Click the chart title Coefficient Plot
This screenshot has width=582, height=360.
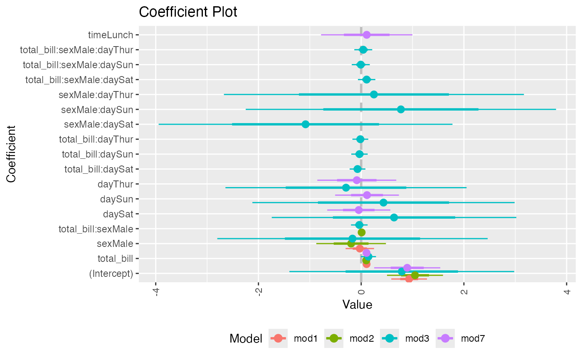(188, 12)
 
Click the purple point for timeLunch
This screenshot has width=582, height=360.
(366, 35)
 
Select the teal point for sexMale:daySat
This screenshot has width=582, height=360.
(306, 124)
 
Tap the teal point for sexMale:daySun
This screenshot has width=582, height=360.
(401, 109)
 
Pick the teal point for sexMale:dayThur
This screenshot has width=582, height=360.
(374, 94)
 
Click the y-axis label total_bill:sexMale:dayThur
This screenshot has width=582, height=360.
(76, 50)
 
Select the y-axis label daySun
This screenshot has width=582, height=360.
(116, 199)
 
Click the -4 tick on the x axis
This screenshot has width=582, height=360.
(156, 291)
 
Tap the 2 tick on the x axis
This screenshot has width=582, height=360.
(464, 291)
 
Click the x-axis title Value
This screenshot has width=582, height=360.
(357, 305)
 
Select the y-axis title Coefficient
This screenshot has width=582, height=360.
(11, 154)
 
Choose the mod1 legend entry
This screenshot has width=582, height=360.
(293, 338)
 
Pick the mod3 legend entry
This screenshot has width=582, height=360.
(404, 338)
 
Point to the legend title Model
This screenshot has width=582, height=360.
(246, 339)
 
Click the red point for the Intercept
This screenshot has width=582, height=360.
(409, 279)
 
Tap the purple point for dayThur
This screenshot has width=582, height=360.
(357, 180)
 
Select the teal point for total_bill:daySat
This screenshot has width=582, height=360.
(358, 169)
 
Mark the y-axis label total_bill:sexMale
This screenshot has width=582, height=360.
(96, 229)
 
